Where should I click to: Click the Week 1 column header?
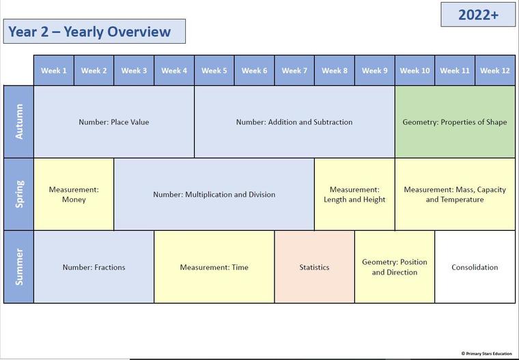point(54,70)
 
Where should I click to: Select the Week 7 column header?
point(294,70)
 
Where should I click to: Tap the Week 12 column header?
point(495,70)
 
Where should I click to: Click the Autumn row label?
point(18,122)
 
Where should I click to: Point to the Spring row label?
point(18,194)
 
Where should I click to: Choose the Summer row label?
point(18,266)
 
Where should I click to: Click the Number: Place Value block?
point(114,122)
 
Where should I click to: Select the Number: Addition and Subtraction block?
point(294,122)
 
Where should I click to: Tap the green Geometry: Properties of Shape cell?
point(455,122)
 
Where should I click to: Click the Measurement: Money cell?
point(74,194)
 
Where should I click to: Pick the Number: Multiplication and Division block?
point(214,194)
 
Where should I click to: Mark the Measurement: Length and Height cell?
point(354,194)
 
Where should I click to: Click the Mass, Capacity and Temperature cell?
point(455,194)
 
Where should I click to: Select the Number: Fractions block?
point(94,266)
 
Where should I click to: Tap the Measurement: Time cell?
point(214,266)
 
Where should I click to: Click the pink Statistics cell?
point(314,266)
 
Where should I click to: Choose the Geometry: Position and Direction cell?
point(395,266)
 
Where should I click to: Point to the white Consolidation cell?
point(475,266)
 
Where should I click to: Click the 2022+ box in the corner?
point(478,14)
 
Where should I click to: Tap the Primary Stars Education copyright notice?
point(486,353)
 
